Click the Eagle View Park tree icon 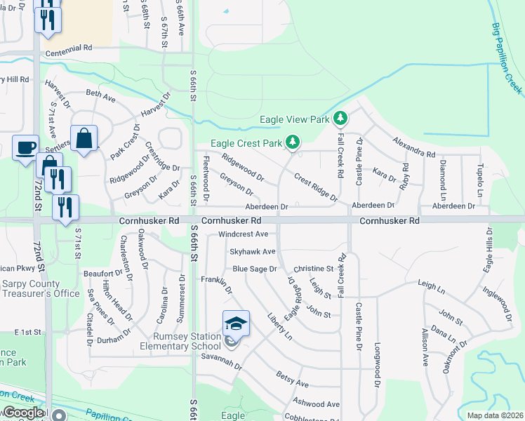click(x=340, y=119)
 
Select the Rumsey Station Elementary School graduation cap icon click(x=236, y=323)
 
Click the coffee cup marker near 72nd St click(x=26, y=148)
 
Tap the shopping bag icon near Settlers click(x=84, y=139)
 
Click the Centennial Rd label click(x=68, y=53)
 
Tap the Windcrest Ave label click(x=244, y=234)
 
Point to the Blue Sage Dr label click(x=255, y=269)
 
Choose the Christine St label click(x=313, y=269)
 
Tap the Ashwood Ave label click(x=317, y=404)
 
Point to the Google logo click(x=24, y=413)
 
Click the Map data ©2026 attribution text click(x=495, y=415)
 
